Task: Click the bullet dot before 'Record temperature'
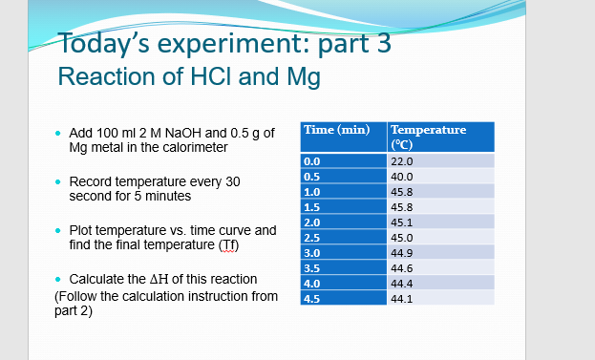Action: (x=58, y=181)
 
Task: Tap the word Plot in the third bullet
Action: (x=81, y=230)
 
